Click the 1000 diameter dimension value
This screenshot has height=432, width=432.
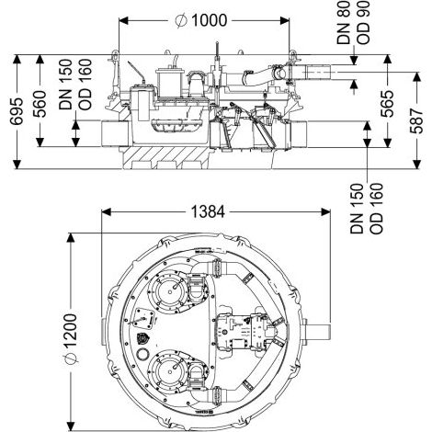point(209,20)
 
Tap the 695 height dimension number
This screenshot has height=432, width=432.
point(17,111)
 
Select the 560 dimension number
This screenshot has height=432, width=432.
point(40,104)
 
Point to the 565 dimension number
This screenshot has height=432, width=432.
point(387,104)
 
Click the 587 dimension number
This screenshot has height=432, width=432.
point(416,120)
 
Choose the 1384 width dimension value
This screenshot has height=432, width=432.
point(208,211)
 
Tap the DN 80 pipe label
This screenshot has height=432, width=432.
point(344,22)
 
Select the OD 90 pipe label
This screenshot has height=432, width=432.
point(363,22)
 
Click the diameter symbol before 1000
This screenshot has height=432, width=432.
point(181,21)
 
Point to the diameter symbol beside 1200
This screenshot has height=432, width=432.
point(71,358)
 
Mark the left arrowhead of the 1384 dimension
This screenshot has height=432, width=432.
point(106,211)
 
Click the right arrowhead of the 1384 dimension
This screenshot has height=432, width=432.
point(326,211)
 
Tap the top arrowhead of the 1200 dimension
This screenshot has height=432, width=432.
point(71,238)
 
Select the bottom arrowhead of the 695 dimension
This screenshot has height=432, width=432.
point(17,165)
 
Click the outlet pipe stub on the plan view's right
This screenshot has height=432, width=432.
point(319,331)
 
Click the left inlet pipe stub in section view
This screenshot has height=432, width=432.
point(114,133)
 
